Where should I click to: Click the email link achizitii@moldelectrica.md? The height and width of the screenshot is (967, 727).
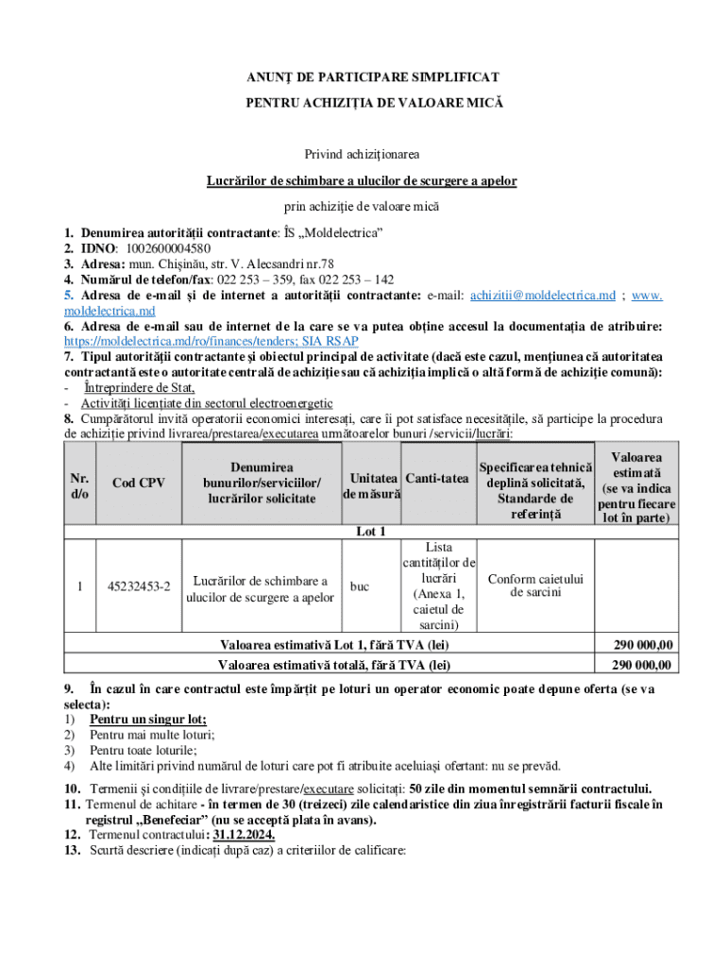[542, 296]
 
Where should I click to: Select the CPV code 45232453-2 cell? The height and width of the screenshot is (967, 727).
[139, 587]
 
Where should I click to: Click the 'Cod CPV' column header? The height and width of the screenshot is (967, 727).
[139, 483]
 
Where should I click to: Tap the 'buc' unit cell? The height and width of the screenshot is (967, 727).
[360, 587]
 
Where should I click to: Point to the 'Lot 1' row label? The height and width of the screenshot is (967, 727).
[370, 532]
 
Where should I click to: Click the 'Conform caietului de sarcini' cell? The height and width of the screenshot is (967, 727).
[535, 585]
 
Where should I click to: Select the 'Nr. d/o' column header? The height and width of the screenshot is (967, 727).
[80, 483]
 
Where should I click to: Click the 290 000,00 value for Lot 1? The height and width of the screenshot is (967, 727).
[643, 645]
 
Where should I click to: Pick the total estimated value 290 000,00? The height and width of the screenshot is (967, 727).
[643, 665]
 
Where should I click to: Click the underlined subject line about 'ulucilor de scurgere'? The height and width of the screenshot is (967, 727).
[363, 179]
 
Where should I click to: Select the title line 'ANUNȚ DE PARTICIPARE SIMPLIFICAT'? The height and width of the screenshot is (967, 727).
[363, 76]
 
